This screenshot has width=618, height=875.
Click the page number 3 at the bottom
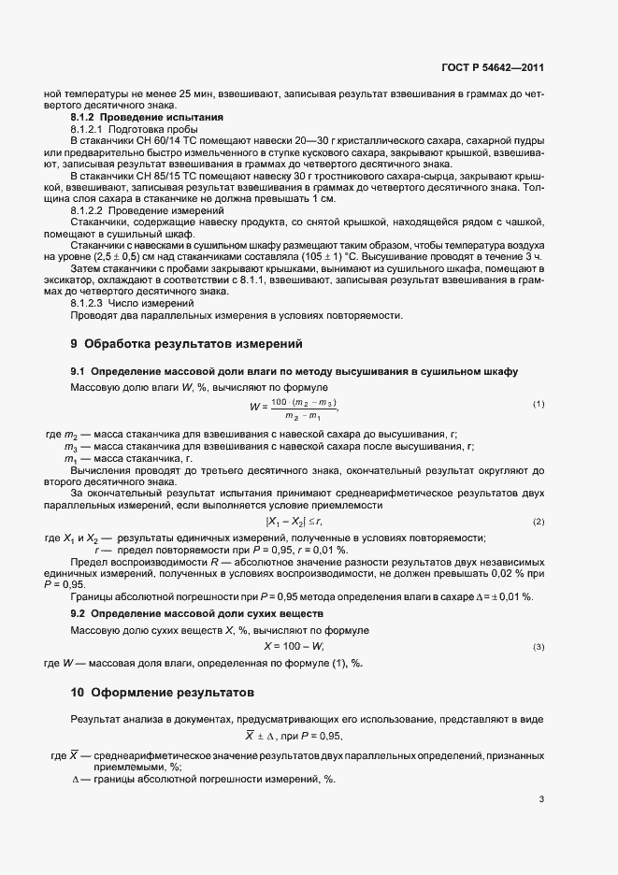pos(541,800)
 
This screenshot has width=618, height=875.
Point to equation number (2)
pos(539,521)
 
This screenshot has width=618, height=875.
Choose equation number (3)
pos(539,647)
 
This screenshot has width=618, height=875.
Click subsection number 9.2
pos(79,613)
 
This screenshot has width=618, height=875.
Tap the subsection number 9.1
pos(79,372)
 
